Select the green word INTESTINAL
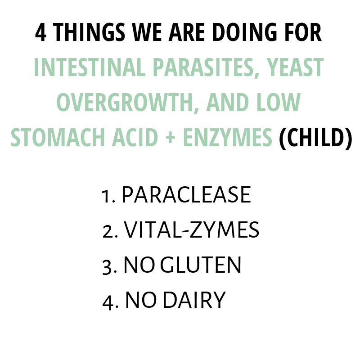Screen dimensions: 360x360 90,67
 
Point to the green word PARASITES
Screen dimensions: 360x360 206,67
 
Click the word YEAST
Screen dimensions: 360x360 295,67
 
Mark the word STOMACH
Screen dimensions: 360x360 58,137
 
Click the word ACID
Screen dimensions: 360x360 135,137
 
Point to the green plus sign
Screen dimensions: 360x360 171,138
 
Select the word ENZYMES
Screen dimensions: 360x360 228,137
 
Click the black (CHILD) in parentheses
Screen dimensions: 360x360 315,138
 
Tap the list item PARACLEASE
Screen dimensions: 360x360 186,195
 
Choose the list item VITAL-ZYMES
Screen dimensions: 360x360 191,230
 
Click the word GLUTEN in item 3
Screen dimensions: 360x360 200,265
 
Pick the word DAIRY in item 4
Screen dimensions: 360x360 194,300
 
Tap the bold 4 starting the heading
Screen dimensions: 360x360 40,32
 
